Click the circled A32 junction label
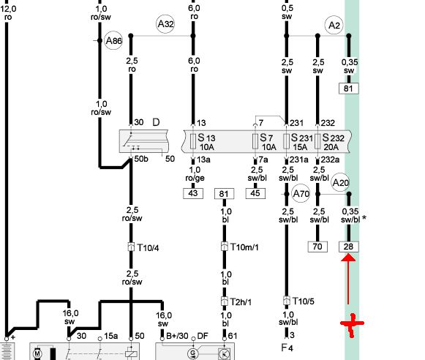coord(165,24)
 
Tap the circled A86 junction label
coord(113,41)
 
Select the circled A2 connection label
coord(334,25)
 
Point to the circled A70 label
coord(301,194)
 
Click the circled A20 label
coord(340,182)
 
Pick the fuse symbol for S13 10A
coord(193,141)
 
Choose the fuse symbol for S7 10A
coord(255,141)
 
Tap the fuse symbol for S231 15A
coord(286,141)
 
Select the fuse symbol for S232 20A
coord(317,141)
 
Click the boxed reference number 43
coord(193,194)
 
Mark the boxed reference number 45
coord(255,194)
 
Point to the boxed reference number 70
coord(317,247)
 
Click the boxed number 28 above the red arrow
coord(349,247)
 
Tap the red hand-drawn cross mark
coord(352,324)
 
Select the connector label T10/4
coord(148,247)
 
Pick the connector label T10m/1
coord(244,247)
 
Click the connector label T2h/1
coord(241,301)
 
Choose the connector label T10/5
coord(304,301)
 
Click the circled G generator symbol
coord(193,353)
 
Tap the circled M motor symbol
coord(37,353)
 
